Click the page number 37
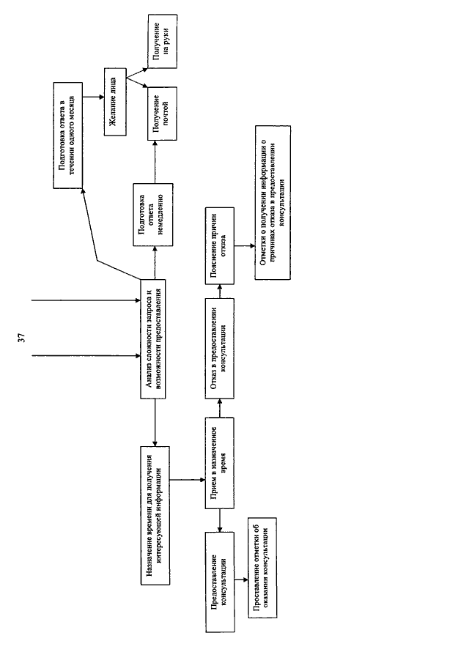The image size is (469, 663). [21, 338]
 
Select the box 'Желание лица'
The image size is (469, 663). [115, 102]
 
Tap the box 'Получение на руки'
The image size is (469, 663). [163, 41]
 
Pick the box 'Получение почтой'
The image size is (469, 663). [163, 114]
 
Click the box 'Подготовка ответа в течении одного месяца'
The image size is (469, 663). [68, 136]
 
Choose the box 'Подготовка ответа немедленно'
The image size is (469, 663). [152, 215]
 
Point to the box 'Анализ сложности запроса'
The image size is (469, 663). [152, 338]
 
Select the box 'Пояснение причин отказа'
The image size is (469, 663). [220, 245]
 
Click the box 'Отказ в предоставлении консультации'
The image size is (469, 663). [220, 349]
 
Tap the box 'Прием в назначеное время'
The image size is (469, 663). [220, 463]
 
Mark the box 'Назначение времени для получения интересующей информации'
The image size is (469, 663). [155, 516]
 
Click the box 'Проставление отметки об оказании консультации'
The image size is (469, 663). [262, 568]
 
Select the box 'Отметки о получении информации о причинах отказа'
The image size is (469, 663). [273, 202]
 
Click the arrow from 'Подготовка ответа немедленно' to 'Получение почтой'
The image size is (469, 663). [155, 162]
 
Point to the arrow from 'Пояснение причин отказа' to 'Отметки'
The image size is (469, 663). [245, 245]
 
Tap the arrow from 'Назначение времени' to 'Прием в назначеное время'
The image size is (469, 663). [188, 480]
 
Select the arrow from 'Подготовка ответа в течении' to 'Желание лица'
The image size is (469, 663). [94, 97]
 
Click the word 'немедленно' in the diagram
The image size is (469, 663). [163, 215]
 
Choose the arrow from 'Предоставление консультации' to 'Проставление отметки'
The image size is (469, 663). [242, 579]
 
